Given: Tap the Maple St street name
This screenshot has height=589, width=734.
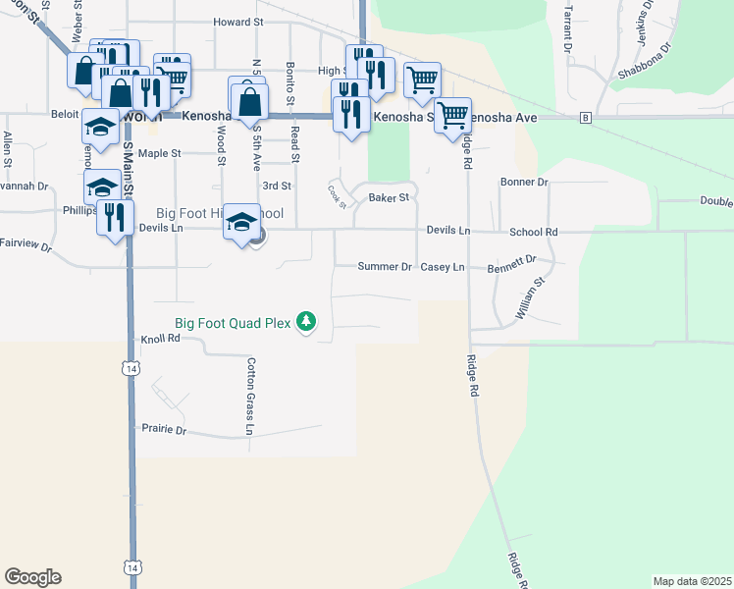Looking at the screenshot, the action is pyautogui.click(x=160, y=153).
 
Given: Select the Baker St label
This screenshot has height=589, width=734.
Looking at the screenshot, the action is pyautogui.click(x=388, y=197).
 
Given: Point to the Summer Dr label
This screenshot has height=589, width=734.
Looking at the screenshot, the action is pyautogui.click(x=385, y=266).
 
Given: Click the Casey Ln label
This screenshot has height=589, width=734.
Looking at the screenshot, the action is pyautogui.click(x=442, y=266).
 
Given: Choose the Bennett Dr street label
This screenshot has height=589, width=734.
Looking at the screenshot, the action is pyautogui.click(x=513, y=262).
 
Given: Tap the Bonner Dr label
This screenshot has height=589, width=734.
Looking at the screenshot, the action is pyautogui.click(x=523, y=182).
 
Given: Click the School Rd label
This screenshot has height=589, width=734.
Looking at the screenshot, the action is pyautogui.click(x=533, y=232).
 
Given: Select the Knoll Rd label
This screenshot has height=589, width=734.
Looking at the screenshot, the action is pyautogui.click(x=161, y=338).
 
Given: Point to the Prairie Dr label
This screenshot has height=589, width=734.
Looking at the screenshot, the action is pyautogui.click(x=164, y=429).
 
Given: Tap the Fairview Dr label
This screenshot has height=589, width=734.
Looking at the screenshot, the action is pyautogui.click(x=26, y=243).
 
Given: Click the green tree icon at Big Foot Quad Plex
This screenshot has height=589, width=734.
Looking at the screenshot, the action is pyautogui.click(x=307, y=321).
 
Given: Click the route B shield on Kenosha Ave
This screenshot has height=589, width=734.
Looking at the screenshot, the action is pyautogui.click(x=586, y=118).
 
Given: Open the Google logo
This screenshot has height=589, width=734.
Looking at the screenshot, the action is pyautogui.click(x=32, y=577).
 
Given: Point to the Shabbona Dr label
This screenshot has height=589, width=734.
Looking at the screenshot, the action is pyautogui.click(x=644, y=60).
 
